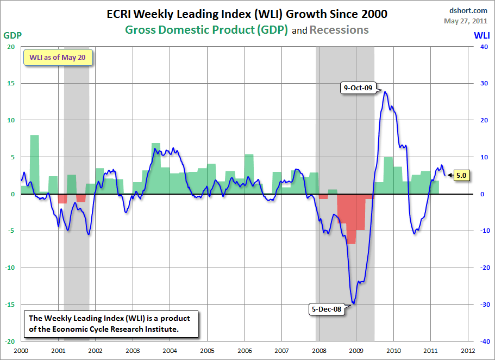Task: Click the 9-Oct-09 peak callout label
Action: (357, 88)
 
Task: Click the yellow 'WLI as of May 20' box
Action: (57, 57)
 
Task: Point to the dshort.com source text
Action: (468, 10)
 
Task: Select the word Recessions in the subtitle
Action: (339, 30)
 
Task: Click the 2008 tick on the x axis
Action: (319, 351)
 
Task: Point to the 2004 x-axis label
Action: (170, 351)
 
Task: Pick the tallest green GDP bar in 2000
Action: (34, 163)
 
